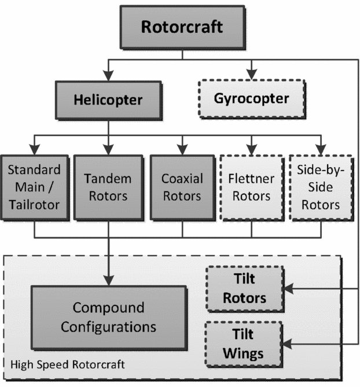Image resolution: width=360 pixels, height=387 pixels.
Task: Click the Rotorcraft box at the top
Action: [x=181, y=26]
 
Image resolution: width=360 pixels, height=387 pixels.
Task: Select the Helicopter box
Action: [x=108, y=99]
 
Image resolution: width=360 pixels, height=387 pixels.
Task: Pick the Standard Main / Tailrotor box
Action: [x=34, y=187]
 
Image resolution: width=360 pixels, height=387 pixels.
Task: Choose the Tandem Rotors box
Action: [x=108, y=187]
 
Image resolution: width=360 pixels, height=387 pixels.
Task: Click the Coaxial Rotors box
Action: [x=182, y=187]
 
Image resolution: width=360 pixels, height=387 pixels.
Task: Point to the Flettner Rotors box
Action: [x=251, y=187]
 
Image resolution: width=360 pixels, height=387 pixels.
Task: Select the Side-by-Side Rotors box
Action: [x=319, y=187]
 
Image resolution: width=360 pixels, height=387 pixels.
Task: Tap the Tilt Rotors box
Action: [x=244, y=289]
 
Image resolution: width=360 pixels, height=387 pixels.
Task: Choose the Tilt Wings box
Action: [x=244, y=344]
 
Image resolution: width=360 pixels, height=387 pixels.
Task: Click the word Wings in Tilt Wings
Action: [x=244, y=352]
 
